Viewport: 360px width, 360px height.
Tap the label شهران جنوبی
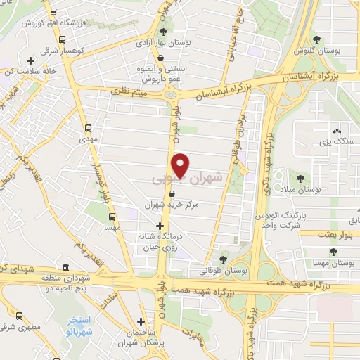click(x=187, y=180)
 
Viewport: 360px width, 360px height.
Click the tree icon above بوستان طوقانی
click(x=223, y=259)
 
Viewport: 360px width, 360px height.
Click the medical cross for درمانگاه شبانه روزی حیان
click(x=160, y=226)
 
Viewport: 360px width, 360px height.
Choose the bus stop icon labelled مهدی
click(x=88, y=129)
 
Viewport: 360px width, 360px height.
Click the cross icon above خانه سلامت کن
click(x=30, y=60)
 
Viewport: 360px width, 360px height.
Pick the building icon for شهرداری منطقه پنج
click(x=65, y=267)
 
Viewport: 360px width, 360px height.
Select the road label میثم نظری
click(x=131, y=90)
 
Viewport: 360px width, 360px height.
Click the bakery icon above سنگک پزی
click(x=337, y=131)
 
